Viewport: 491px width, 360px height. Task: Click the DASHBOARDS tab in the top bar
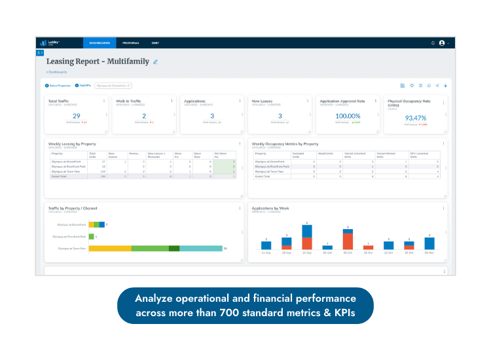tap(100, 43)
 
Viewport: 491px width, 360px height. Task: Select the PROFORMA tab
tap(131, 43)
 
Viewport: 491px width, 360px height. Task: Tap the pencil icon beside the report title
tap(156, 62)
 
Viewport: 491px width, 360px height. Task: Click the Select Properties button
tap(58, 85)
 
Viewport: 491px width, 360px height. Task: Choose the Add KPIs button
tap(83, 85)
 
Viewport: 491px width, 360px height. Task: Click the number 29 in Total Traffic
tap(77, 116)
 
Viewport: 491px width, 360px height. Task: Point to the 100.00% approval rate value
tap(347, 116)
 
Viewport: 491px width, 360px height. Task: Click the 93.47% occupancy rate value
tap(416, 118)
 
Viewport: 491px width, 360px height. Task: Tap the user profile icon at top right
tap(442, 43)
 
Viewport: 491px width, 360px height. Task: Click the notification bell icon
tap(433, 43)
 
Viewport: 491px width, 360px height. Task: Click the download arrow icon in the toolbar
tap(445, 85)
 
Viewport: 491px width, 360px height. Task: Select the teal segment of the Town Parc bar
tap(201, 248)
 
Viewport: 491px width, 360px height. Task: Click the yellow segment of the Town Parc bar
tap(110, 248)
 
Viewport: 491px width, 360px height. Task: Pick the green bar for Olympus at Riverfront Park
tap(92, 236)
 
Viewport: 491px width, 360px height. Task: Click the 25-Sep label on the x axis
tap(307, 252)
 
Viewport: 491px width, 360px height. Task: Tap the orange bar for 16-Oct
tap(368, 247)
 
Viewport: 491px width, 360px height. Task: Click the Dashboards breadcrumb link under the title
tap(57, 72)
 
